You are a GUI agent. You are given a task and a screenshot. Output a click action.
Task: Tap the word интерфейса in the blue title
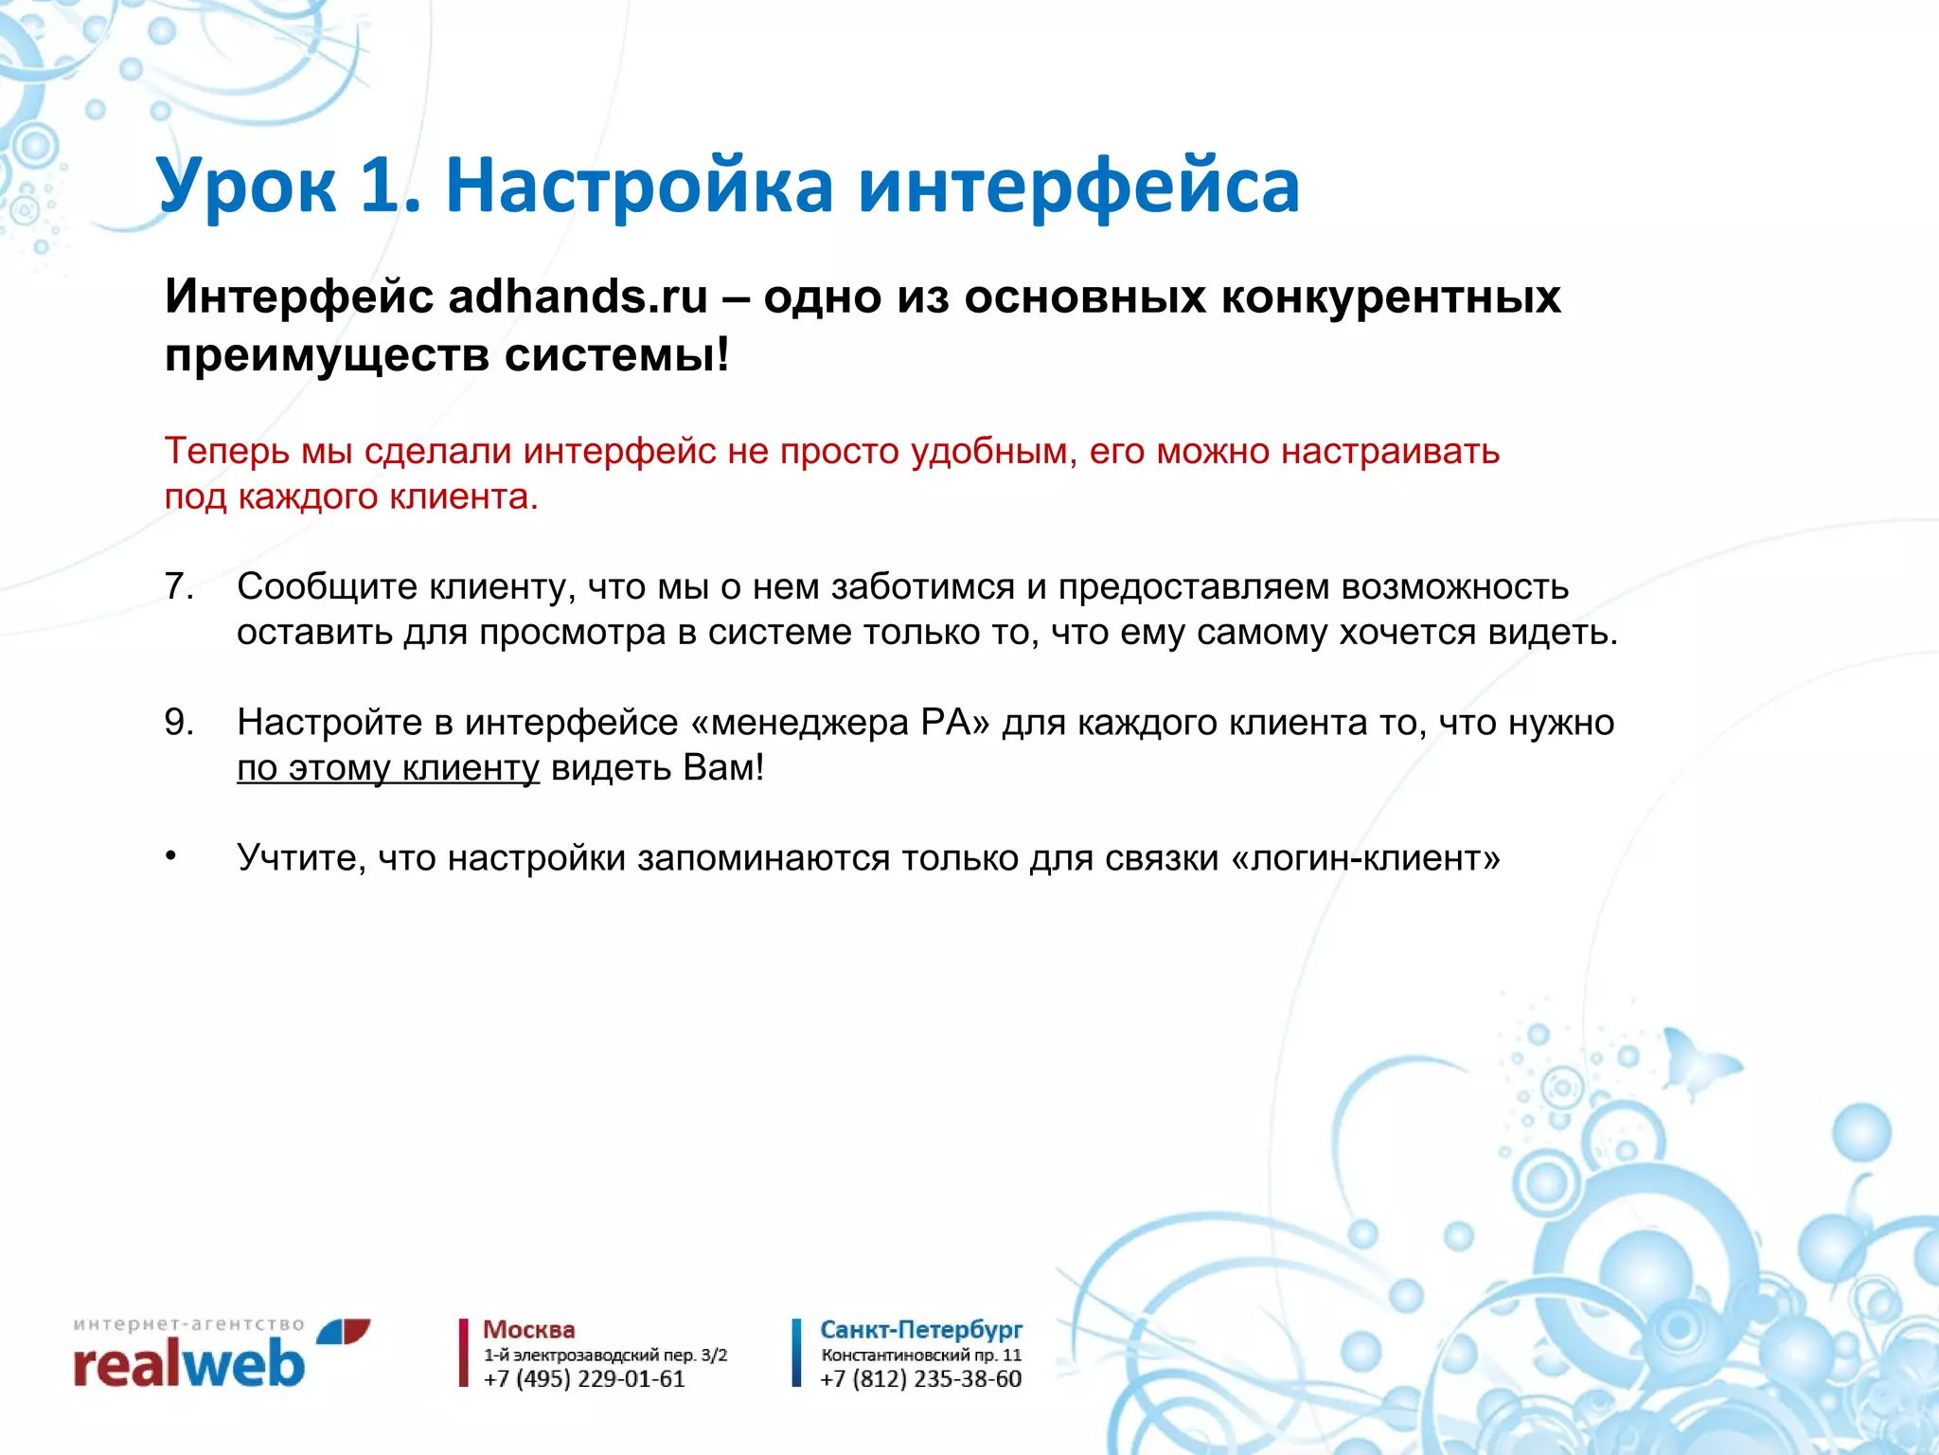tap(1078, 186)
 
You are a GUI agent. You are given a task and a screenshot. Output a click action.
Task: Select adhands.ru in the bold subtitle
tap(578, 297)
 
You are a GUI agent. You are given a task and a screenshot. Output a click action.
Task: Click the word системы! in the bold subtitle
tap(616, 356)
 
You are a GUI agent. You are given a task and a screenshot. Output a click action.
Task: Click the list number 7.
tap(178, 587)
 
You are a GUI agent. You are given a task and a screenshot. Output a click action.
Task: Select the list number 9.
tap(178, 723)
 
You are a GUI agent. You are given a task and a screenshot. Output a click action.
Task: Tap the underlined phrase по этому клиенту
tap(387, 768)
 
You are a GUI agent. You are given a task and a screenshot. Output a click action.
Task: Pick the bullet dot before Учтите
tap(170, 857)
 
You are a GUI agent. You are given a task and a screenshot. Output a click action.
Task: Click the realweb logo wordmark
tap(189, 1366)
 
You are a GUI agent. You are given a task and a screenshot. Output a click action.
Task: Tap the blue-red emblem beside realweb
tap(343, 1332)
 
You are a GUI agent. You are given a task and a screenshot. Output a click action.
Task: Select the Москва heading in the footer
tap(528, 1330)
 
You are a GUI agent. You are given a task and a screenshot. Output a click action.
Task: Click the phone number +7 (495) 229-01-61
tap(583, 1379)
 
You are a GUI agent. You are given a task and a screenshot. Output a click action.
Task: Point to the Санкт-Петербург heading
tap(920, 1330)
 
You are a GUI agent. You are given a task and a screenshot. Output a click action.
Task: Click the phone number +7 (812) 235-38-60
tap(920, 1379)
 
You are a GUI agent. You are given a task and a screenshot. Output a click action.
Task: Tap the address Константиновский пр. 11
tap(920, 1356)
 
